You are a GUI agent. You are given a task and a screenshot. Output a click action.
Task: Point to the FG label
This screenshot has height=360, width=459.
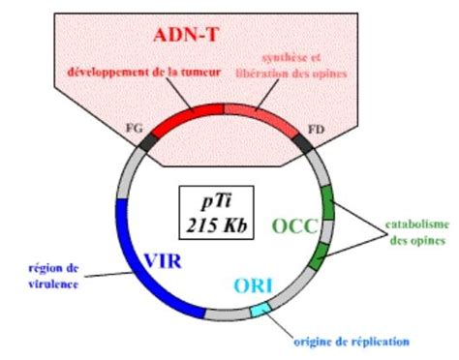(136, 126)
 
